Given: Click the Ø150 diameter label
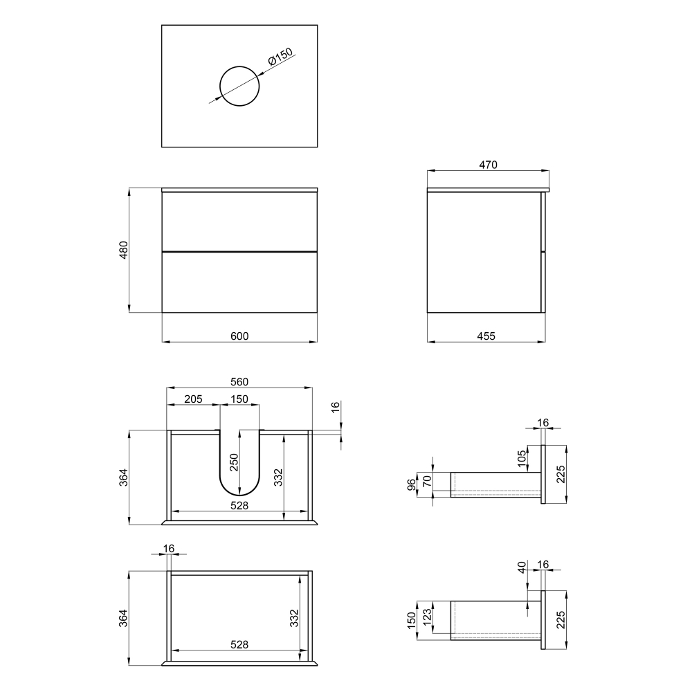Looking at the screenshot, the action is tap(280, 57).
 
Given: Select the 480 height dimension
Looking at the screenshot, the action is tap(124, 250).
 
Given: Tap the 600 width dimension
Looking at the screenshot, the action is tap(239, 336).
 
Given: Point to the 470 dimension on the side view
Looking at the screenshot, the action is tap(488, 165).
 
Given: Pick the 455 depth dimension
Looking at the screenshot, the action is tap(486, 336).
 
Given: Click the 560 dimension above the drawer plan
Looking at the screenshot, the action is tap(239, 382).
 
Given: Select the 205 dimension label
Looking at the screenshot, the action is tap(193, 399).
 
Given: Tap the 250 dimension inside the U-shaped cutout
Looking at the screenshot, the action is tap(234, 462).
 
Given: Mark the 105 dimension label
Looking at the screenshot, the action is tap(522, 459).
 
